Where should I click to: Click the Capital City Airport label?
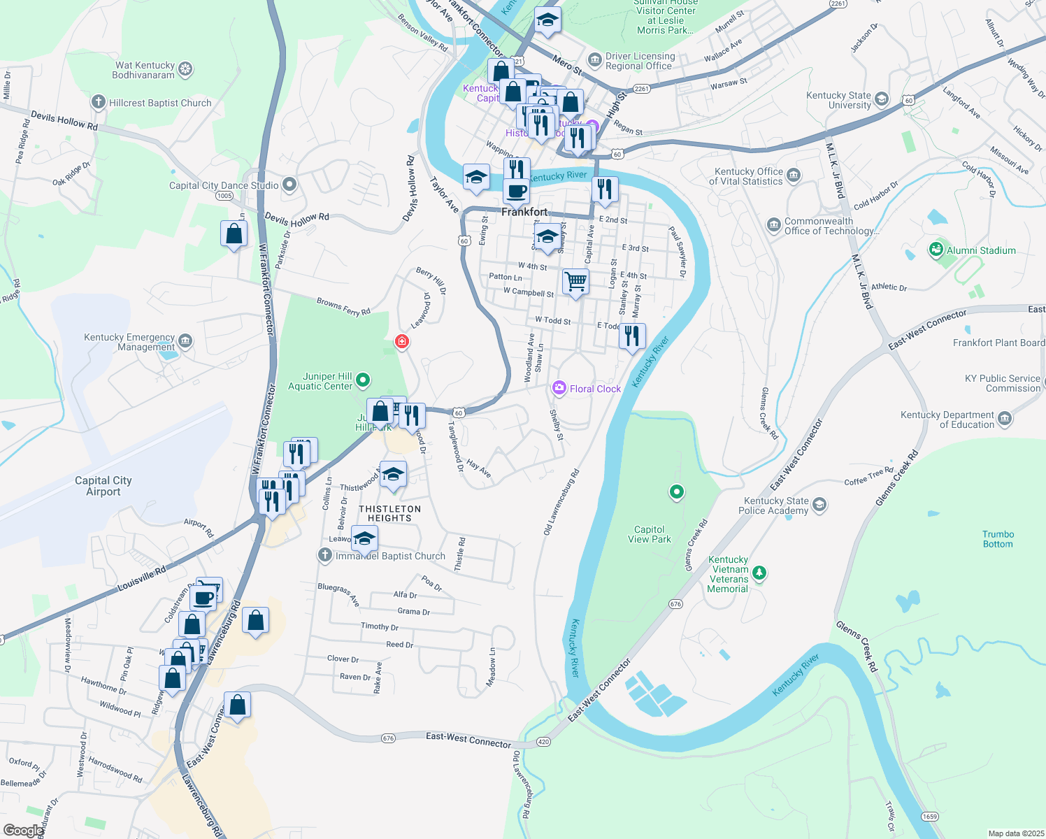click(x=103, y=486)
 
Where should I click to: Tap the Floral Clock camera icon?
click(x=559, y=388)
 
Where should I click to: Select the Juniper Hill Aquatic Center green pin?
click(x=363, y=380)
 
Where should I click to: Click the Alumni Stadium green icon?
click(x=936, y=250)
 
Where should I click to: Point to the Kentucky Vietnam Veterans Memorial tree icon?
click(x=759, y=573)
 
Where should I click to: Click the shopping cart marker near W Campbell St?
click(x=575, y=282)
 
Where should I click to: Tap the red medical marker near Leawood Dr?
click(x=402, y=341)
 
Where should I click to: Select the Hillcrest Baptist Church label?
click(x=160, y=103)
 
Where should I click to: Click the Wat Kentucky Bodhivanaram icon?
click(x=185, y=69)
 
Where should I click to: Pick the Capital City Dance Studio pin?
click(x=289, y=185)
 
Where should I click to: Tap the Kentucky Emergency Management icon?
click(x=185, y=341)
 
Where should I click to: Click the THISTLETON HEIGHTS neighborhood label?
click(x=389, y=514)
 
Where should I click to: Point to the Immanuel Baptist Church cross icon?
click(x=324, y=556)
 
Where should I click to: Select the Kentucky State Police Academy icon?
click(x=819, y=505)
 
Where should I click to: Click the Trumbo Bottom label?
click(x=998, y=539)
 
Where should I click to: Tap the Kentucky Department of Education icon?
click(x=1005, y=419)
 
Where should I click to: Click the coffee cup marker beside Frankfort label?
click(x=517, y=191)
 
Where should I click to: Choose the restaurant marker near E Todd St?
click(x=632, y=336)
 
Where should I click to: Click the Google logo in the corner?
click(x=23, y=830)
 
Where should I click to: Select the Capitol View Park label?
click(x=650, y=534)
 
